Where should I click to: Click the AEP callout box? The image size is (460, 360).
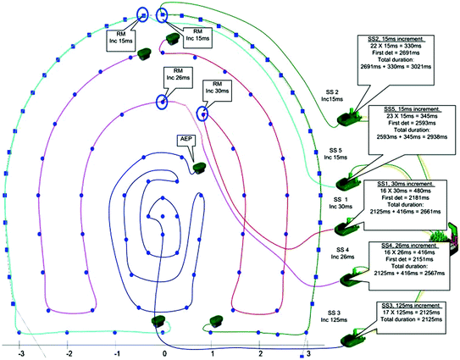[x=188, y=138]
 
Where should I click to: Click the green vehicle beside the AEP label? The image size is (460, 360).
[x=200, y=168]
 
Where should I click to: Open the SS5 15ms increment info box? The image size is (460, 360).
[x=412, y=127]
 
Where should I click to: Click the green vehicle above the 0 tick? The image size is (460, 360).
[x=158, y=320]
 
